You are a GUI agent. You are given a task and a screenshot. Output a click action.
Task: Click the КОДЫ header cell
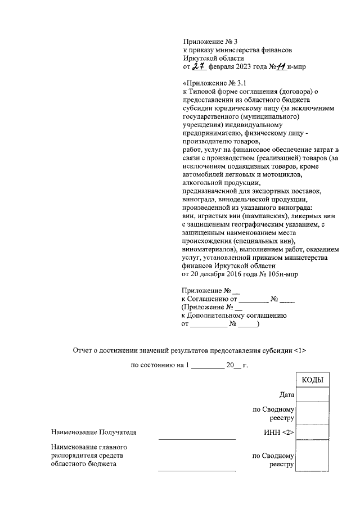click(312, 380)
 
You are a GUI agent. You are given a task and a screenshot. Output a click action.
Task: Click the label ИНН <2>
click(280, 433)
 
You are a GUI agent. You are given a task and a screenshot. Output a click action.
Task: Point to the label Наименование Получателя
click(93, 433)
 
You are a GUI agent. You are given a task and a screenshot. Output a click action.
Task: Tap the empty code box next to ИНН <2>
click(312, 432)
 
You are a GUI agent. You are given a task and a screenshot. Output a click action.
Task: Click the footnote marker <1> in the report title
click(300, 350)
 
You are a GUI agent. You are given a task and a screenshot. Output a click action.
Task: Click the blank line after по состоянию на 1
click(208, 366)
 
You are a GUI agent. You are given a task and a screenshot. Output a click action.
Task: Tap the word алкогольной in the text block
click(202, 183)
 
